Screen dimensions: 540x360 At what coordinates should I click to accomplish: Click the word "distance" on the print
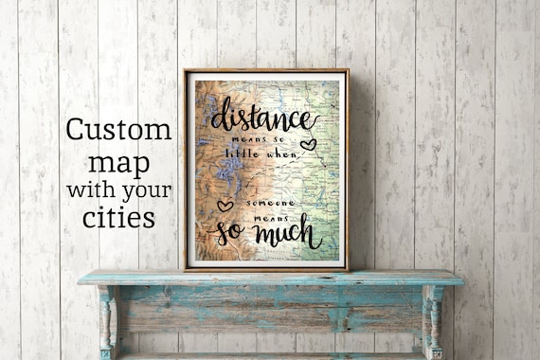point(262,118)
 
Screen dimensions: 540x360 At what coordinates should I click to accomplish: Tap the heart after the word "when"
point(308,145)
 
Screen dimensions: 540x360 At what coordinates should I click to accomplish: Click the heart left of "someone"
point(225,205)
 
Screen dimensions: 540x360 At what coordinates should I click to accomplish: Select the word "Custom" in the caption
point(118,131)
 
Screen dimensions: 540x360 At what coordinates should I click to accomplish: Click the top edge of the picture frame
point(266,71)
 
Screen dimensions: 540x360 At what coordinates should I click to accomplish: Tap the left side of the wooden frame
point(185,171)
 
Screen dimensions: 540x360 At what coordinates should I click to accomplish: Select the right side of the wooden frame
point(347,171)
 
